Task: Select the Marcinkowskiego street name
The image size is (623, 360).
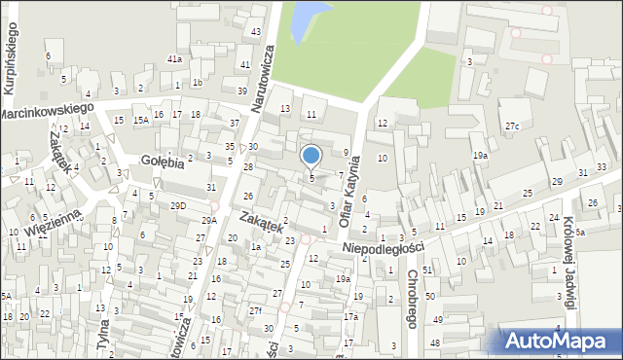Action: (46, 112)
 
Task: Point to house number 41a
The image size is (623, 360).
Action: (174, 59)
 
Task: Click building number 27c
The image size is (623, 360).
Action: (512, 126)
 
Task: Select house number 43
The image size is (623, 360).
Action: (256, 32)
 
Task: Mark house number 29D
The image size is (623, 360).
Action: (177, 205)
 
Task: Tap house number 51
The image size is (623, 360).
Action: (427, 269)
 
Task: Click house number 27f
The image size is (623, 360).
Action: (255, 310)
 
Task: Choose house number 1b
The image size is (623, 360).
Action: (197, 83)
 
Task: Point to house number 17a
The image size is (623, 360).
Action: (350, 316)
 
